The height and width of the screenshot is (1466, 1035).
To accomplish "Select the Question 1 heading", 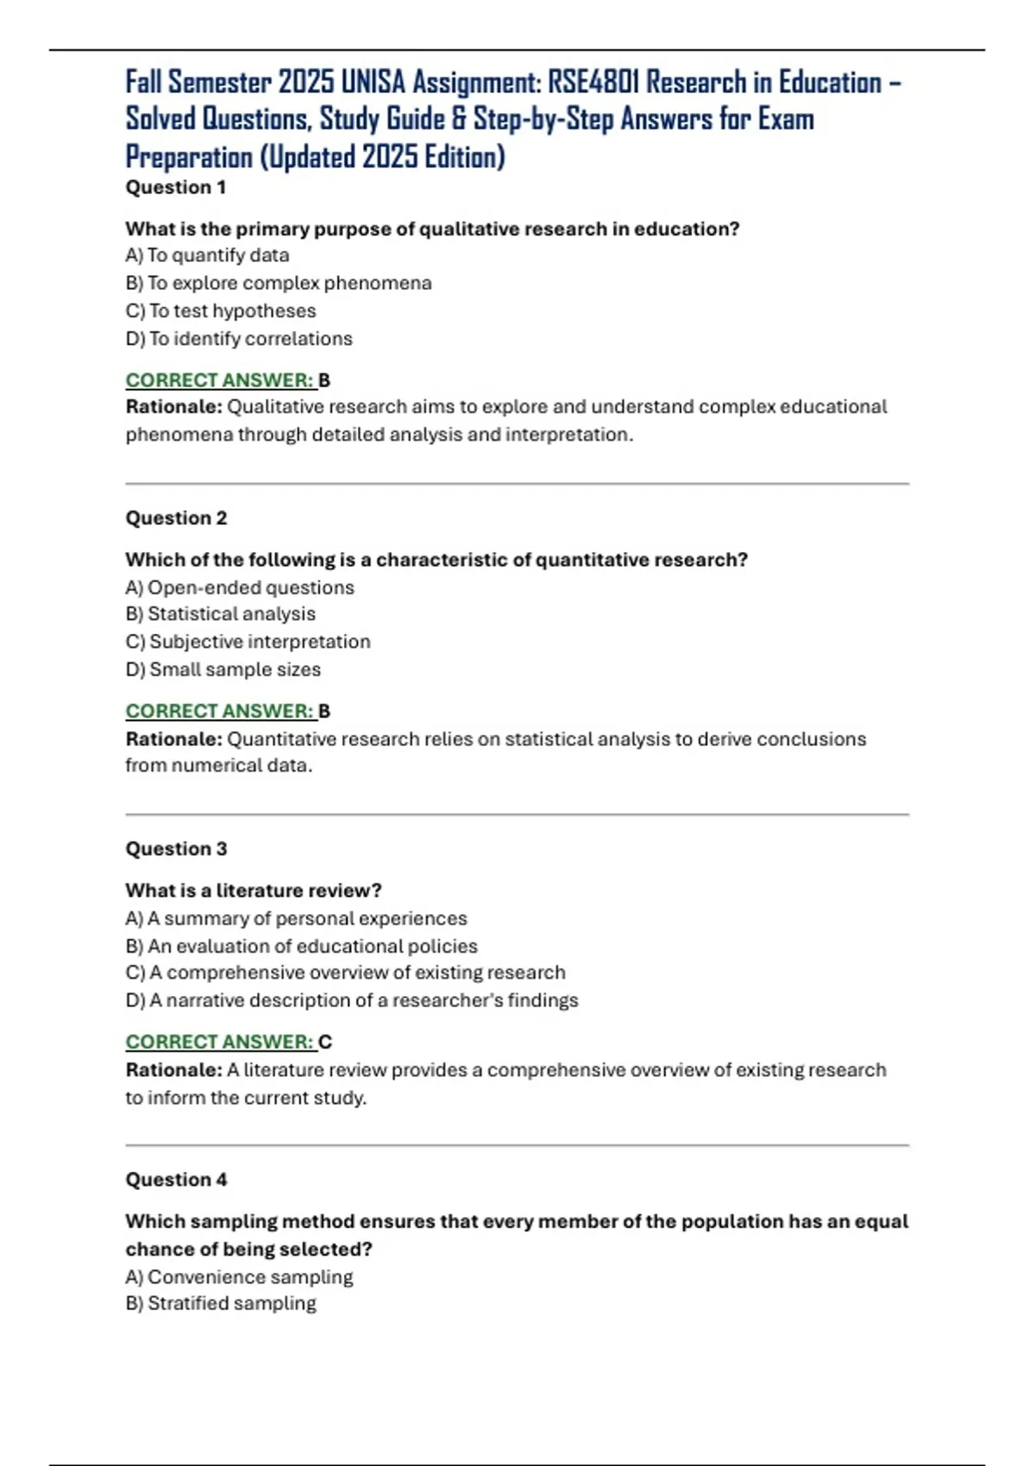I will [176, 187].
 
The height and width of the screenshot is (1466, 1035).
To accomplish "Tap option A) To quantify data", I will [207, 255].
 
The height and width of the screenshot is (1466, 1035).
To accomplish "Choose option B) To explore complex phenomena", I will [278, 283].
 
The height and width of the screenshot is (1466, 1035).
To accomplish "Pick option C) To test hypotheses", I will [221, 310].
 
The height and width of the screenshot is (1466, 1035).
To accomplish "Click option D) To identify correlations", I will [239, 339].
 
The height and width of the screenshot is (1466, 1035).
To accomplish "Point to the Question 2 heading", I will [176, 517].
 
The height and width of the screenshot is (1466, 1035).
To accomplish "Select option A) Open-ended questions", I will [240, 587].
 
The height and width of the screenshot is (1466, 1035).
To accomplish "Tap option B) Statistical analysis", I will [221, 614].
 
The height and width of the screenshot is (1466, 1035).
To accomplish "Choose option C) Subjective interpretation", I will [248, 642].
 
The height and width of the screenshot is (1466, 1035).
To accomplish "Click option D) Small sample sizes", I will [223, 669].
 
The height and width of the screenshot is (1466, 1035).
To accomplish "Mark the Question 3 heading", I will [176, 849].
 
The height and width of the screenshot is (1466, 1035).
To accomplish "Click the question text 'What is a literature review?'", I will [254, 890].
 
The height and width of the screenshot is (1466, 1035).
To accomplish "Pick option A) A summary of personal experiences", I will [296, 918].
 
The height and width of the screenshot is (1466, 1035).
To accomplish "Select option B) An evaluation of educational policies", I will [301, 946].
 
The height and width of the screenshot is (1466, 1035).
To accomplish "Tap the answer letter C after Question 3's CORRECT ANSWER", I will [325, 1042].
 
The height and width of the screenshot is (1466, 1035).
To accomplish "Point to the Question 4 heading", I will [176, 1180].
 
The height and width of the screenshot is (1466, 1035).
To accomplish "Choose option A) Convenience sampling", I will [239, 1276].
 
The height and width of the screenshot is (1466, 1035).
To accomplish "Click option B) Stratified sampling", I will [221, 1303].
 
